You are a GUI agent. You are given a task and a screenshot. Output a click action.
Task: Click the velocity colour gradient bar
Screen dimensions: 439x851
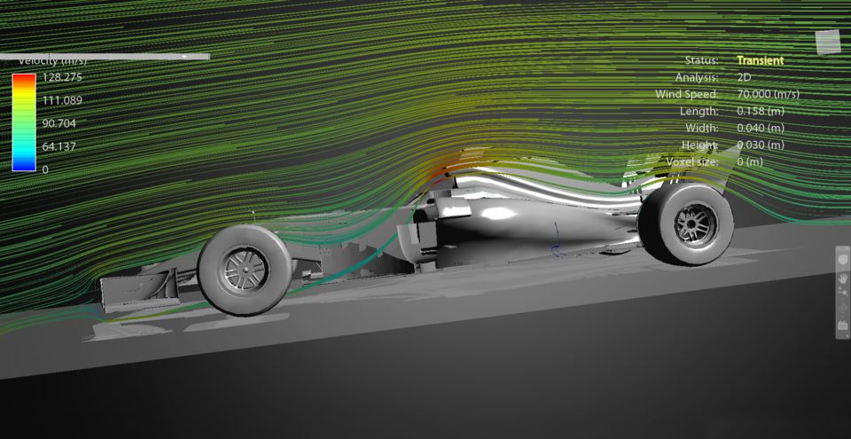[24, 122]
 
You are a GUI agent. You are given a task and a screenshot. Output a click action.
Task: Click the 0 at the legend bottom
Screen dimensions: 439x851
[45, 169]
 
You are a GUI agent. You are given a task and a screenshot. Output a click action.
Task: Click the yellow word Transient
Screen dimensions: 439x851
[760, 60]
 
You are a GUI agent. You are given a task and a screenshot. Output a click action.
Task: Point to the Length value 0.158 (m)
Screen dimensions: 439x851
[760, 111]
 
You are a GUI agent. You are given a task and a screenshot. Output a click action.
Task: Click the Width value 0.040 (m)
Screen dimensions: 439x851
[760, 128]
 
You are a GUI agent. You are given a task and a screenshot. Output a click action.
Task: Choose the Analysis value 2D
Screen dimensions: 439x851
[744, 77]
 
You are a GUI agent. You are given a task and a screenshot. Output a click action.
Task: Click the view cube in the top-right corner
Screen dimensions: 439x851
[827, 39]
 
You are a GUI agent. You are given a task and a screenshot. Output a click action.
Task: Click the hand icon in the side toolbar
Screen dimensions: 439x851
[842, 278]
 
